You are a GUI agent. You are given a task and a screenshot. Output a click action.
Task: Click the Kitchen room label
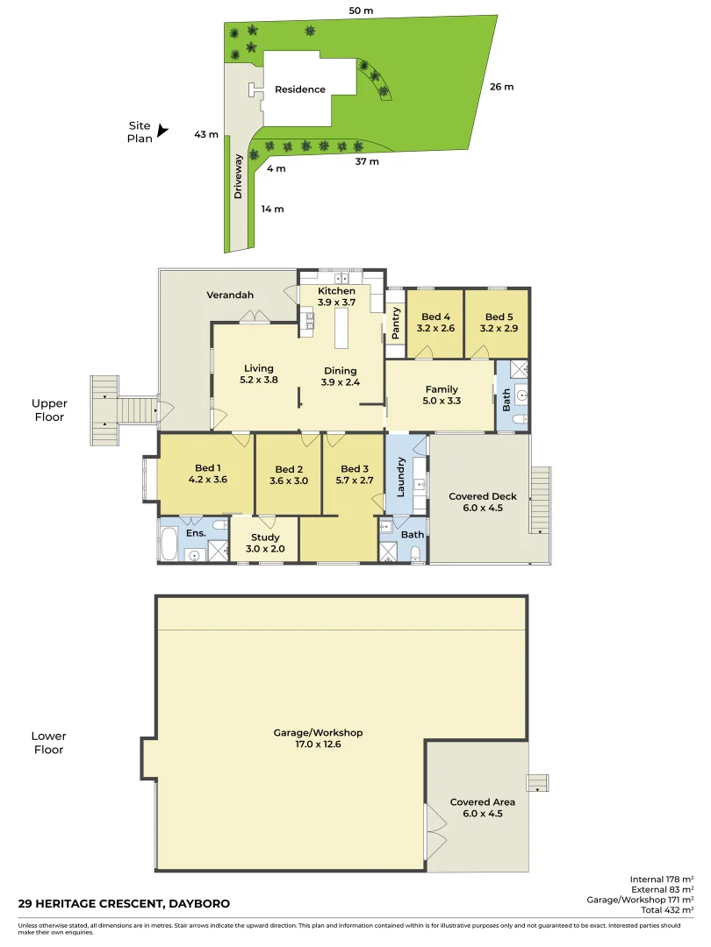(336, 291)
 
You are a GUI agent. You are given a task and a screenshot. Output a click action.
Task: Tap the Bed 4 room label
(435, 317)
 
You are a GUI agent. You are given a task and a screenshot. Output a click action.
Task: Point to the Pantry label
(396, 323)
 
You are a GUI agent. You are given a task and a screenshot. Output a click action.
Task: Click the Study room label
(265, 538)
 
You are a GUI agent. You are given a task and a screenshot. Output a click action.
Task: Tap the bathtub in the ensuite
(169, 542)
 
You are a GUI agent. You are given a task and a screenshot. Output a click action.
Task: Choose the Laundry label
(400, 477)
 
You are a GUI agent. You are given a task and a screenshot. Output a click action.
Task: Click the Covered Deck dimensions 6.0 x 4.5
(483, 509)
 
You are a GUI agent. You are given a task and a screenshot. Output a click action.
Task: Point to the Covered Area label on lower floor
(483, 801)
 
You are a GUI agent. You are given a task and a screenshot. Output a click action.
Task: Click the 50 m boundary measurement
(361, 11)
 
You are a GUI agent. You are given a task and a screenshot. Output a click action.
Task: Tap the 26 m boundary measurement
(501, 87)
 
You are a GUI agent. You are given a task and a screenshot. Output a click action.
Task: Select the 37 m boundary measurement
(367, 162)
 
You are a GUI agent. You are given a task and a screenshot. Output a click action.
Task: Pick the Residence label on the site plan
(300, 89)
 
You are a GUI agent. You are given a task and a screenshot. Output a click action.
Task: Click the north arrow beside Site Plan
(162, 131)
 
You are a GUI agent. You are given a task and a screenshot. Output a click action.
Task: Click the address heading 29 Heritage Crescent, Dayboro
(112, 903)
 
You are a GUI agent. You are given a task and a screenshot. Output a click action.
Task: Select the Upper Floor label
(49, 410)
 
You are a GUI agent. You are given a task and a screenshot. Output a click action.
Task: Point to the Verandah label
(230, 295)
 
